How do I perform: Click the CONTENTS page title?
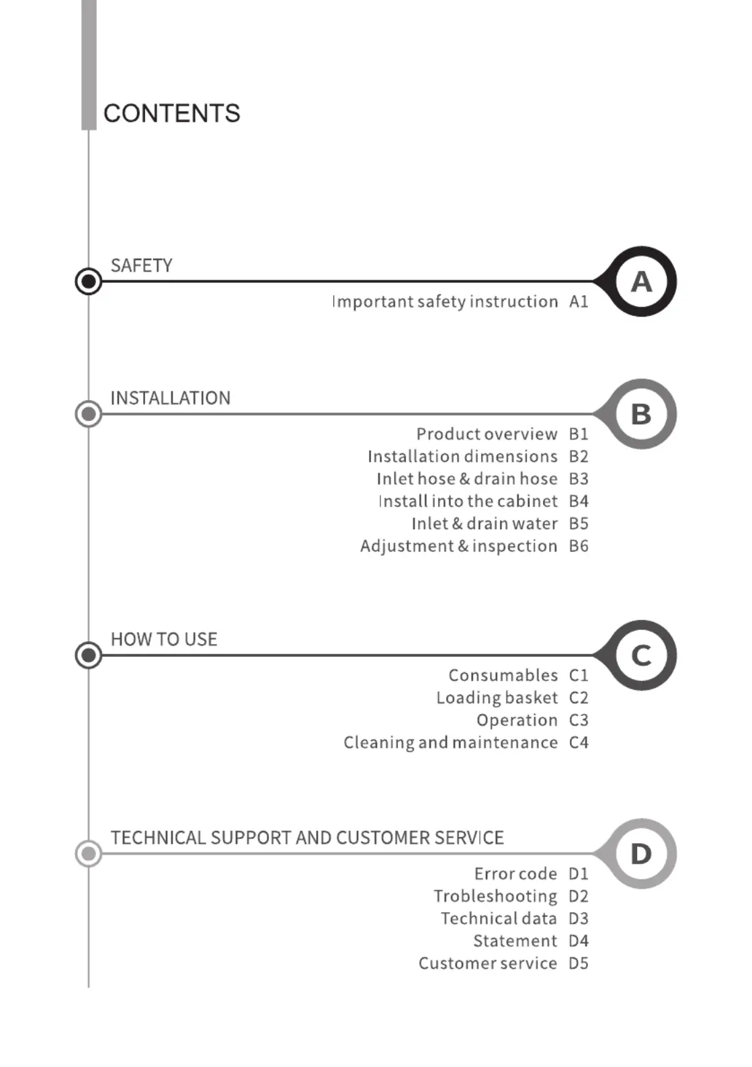click(171, 114)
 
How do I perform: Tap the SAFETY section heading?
click(141, 266)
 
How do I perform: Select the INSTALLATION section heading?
click(171, 398)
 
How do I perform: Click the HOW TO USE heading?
click(164, 639)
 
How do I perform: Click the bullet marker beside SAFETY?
click(89, 281)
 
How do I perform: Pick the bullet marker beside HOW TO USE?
click(89, 655)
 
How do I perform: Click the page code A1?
click(579, 301)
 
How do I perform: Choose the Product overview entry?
click(487, 434)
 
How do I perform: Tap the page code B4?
click(579, 501)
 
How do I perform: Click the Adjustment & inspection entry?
click(458, 546)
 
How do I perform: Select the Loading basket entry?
click(497, 697)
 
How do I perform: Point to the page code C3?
click(579, 720)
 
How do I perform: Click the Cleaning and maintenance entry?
click(450, 742)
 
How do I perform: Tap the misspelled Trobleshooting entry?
click(495, 896)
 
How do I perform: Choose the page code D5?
click(579, 963)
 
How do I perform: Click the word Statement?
click(515, 941)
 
